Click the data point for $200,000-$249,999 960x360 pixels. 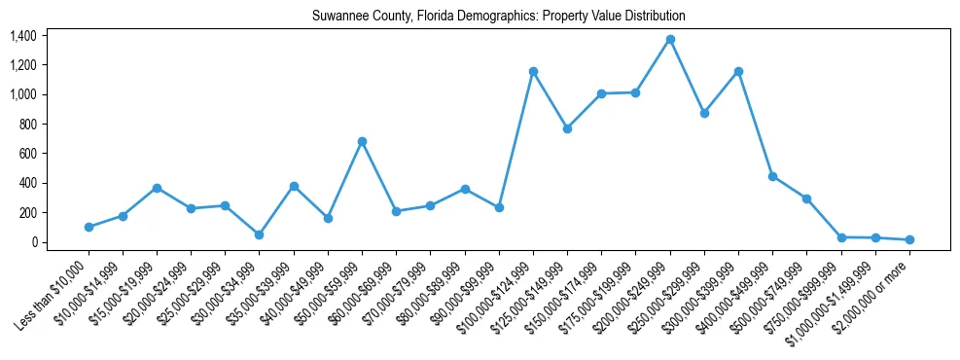pos(670,39)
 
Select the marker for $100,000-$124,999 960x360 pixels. pos(533,71)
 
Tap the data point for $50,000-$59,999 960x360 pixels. pos(362,141)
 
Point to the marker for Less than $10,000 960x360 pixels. pos(89,227)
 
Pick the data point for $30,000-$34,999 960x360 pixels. pos(260,234)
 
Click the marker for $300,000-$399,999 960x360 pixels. pos(738,71)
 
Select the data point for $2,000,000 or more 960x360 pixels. pos(909,239)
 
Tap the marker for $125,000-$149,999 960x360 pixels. pos(567,128)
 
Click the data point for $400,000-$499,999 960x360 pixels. pos(772,176)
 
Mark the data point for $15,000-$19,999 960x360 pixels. pos(157,188)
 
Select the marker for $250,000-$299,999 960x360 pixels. pos(704,113)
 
